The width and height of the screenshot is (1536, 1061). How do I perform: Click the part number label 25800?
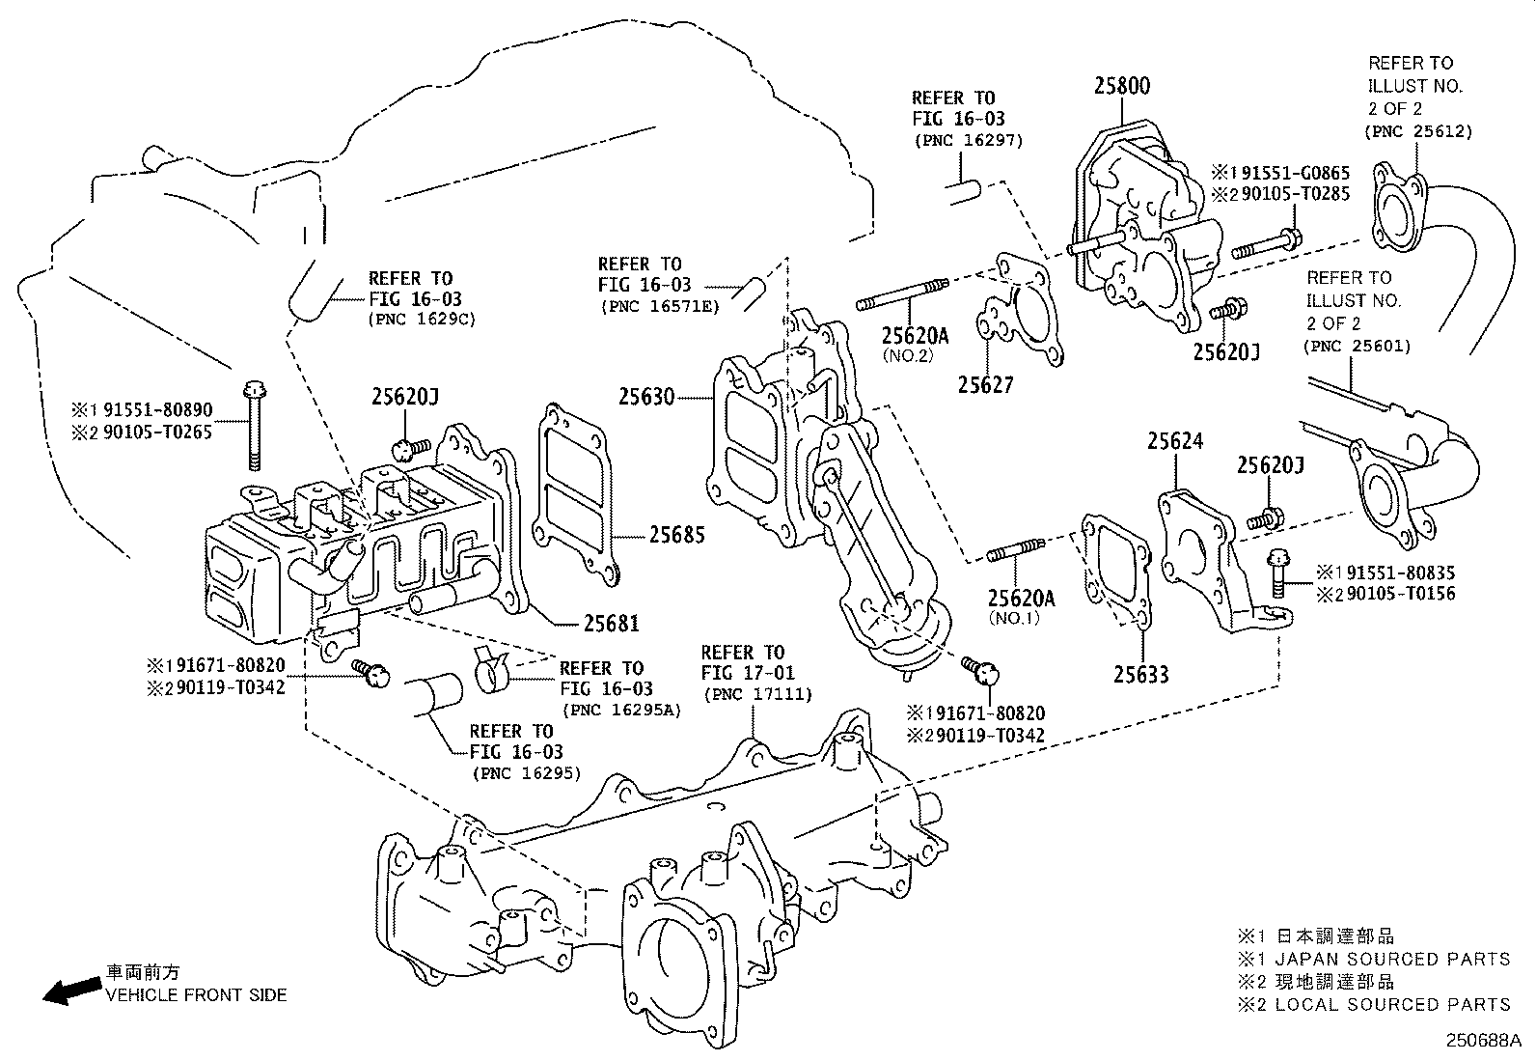pyautogui.click(x=1121, y=86)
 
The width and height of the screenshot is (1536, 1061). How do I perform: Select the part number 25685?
pyautogui.click(x=676, y=534)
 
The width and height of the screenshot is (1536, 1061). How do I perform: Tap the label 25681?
pyautogui.click(x=611, y=624)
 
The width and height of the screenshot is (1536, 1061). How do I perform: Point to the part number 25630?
pyautogui.click(x=646, y=396)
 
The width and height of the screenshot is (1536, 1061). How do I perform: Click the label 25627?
pyautogui.click(x=985, y=384)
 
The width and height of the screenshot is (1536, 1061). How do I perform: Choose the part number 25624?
pyautogui.click(x=1174, y=441)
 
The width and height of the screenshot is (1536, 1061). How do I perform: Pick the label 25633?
pyautogui.click(x=1140, y=674)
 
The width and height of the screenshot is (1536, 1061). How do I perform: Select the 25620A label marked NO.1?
pyautogui.click(x=1021, y=598)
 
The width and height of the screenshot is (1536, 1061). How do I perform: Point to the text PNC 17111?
pyautogui.click(x=757, y=694)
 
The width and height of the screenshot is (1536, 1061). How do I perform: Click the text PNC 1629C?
pyautogui.click(x=423, y=319)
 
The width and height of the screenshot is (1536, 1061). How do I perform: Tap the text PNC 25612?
pyautogui.click(x=1418, y=131)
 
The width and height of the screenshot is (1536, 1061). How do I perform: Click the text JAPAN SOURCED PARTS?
pyautogui.click(x=1392, y=959)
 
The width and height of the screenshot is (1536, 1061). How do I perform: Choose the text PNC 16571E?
pyautogui.click(x=659, y=306)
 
